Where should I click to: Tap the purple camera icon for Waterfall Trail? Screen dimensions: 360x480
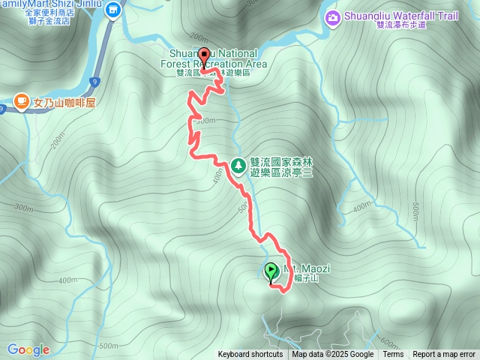tap(331, 16)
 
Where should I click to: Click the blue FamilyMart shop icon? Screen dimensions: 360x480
tap(113, 10)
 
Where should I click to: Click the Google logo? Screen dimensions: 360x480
tap(28, 349)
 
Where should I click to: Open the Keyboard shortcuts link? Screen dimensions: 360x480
tap(250, 355)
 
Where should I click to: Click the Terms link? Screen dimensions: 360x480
tap(393, 355)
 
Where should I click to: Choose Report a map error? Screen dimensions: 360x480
tap(444, 355)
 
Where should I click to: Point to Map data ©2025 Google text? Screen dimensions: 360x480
tap(332, 355)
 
